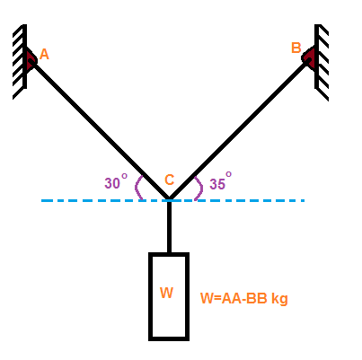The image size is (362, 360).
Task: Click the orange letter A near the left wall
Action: pyautogui.click(x=44, y=54)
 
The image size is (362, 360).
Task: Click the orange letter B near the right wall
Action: pyautogui.click(x=296, y=48)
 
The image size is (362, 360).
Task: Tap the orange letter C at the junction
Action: pyautogui.click(x=170, y=180)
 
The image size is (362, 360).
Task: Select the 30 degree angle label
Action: pyautogui.click(x=116, y=181)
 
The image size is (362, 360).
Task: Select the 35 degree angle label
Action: pyautogui.click(x=221, y=180)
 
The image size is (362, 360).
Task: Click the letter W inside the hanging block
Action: pyautogui.click(x=166, y=293)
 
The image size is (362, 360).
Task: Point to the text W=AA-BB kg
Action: pyautogui.click(x=244, y=299)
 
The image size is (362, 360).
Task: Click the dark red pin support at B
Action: pyautogui.click(x=309, y=57)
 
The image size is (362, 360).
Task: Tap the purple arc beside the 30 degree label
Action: pyautogui.click(x=137, y=188)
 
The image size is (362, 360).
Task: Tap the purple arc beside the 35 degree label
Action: pyautogui.click(x=201, y=188)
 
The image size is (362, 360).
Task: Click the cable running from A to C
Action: pyautogui.click(x=100, y=130)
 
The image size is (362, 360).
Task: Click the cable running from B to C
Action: pyautogui.click(x=240, y=129)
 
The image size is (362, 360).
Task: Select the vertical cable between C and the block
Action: pyautogui.click(x=169, y=226)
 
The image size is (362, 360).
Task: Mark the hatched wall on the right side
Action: pyautogui.click(x=322, y=61)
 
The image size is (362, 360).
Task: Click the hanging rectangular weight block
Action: pyautogui.click(x=169, y=296)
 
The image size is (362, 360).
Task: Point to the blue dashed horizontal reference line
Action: pyautogui.click(x=172, y=200)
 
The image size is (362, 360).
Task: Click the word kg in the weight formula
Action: pyautogui.click(x=279, y=299)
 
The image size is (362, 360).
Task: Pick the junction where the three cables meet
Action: pyautogui.click(x=169, y=199)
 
